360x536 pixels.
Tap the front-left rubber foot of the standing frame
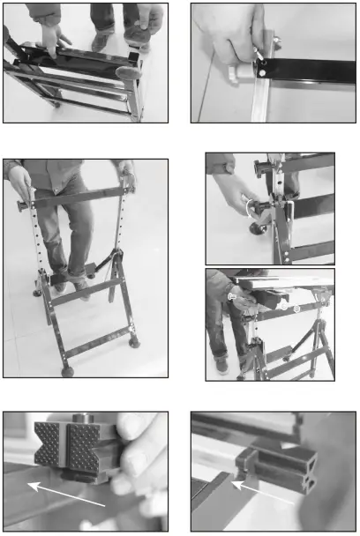pos(67,371)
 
